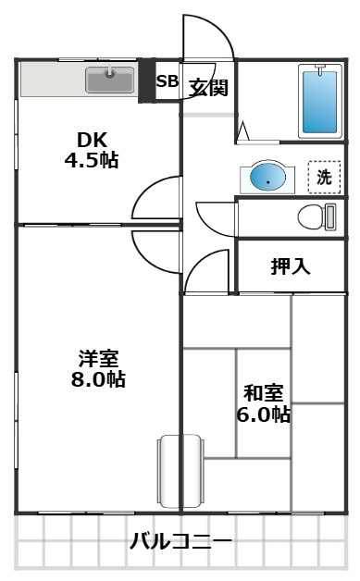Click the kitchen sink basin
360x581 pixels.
pos(109,80)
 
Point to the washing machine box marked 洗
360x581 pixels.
pos(323,178)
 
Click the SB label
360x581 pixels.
pos(167,81)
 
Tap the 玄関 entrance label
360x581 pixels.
pos(208,87)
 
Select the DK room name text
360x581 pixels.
pos(92,140)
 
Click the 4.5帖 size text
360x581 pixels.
pos(92,159)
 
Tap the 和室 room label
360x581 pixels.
pos(263,393)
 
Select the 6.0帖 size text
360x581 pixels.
pos(263,414)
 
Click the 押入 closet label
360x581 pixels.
pos(291,266)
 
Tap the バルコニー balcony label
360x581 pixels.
pos(180,541)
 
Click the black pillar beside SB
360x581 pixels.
pos(145,81)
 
